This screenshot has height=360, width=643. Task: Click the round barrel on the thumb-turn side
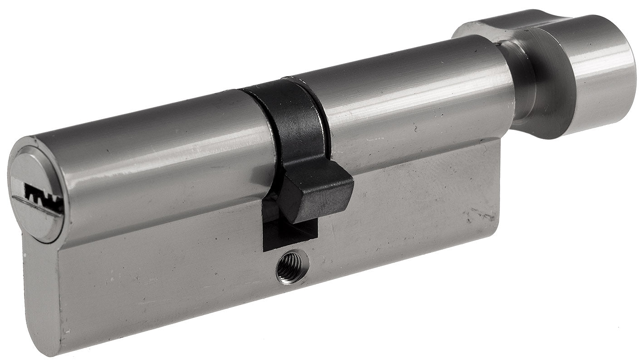click(408, 100)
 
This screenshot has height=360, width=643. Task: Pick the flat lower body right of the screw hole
click(399, 232)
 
